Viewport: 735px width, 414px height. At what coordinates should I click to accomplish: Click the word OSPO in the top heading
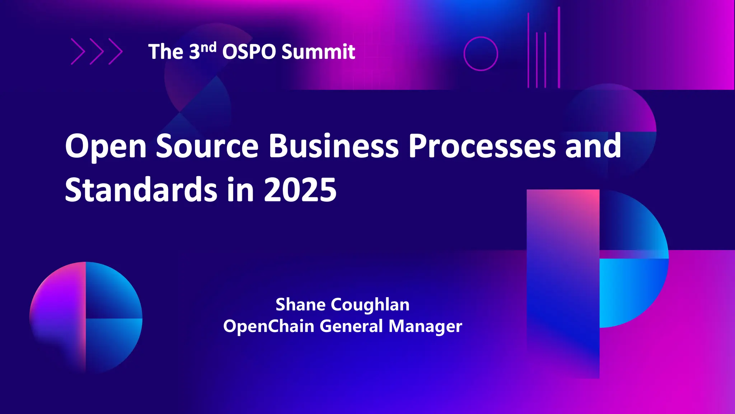[x=249, y=52]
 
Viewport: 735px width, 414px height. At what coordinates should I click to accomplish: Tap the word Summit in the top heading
[x=318, y=52]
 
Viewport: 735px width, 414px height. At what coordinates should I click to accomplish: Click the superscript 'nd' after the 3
[x=208, y=47]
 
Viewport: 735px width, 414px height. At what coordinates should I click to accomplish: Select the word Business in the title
[x=333, y=146]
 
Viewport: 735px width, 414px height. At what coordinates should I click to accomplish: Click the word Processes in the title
[x=482, y=146]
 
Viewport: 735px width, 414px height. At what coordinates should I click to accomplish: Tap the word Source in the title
[x=207, y=146]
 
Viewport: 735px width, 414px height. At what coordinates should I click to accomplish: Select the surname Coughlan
[x=370, y=305]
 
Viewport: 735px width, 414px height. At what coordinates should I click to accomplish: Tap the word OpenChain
[x=268, y=326]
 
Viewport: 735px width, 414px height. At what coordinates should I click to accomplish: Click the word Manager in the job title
[x=425, y=326]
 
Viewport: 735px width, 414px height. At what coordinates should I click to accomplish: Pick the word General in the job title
[x=351, y=326]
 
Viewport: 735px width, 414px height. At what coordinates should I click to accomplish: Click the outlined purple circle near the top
[x=481, y=38]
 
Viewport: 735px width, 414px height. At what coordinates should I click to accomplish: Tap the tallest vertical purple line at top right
[x=559, y=47]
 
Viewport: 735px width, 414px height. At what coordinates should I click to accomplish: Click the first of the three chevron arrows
[x=78, y=52]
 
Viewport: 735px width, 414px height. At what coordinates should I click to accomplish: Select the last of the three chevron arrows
[x=116, y=52]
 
